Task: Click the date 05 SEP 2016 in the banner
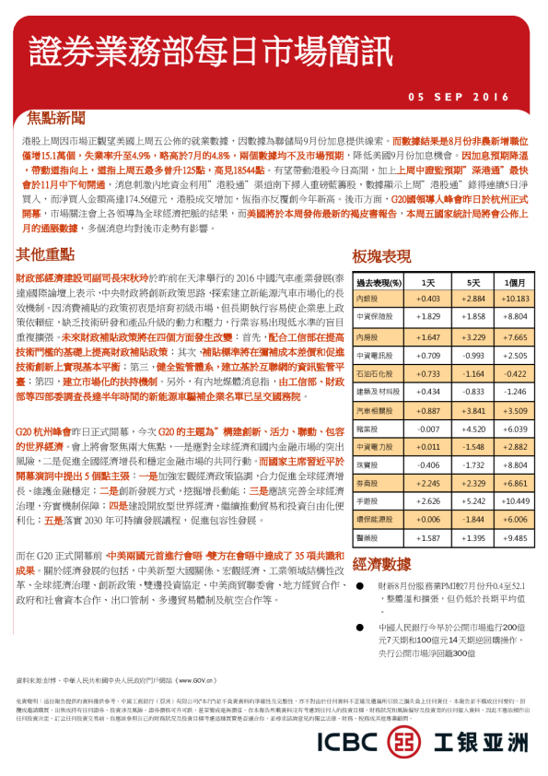458,97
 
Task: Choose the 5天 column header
473,282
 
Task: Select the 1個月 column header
517,282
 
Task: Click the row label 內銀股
367,299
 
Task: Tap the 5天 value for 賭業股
473,429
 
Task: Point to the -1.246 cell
517,391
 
